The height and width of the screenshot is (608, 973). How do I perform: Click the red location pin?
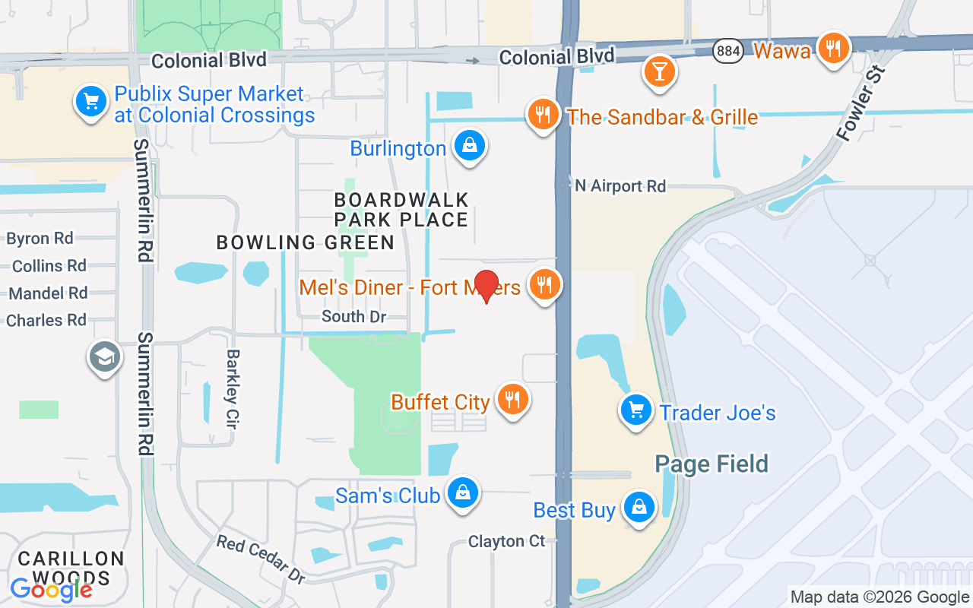pos(486,286)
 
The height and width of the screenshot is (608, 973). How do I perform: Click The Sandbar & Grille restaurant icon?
pos(542,115)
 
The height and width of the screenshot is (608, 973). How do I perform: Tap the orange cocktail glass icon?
pos(658,71)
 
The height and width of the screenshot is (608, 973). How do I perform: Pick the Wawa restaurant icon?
pos(834,49)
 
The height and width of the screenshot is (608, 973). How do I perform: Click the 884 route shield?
pos(728,51)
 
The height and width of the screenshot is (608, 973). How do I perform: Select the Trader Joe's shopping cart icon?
pos(635,410)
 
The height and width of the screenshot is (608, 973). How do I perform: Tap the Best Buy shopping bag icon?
pos(639,507)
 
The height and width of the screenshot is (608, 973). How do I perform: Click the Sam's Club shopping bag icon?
pos(462,492)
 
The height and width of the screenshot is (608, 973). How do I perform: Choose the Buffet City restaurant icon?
pos(512,399)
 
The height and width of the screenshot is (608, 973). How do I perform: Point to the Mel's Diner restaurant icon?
pos(544,284)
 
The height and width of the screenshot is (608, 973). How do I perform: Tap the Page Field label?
pos(712,464)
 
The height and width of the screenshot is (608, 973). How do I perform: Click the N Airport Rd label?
pos(620,186)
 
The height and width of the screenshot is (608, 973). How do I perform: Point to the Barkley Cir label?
pos(233,389)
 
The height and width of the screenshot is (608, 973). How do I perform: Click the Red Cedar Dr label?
pos(261,559)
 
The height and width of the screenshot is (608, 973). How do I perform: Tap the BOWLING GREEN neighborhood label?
pos(306,242)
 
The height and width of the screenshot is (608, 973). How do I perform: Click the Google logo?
pos(52,589)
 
